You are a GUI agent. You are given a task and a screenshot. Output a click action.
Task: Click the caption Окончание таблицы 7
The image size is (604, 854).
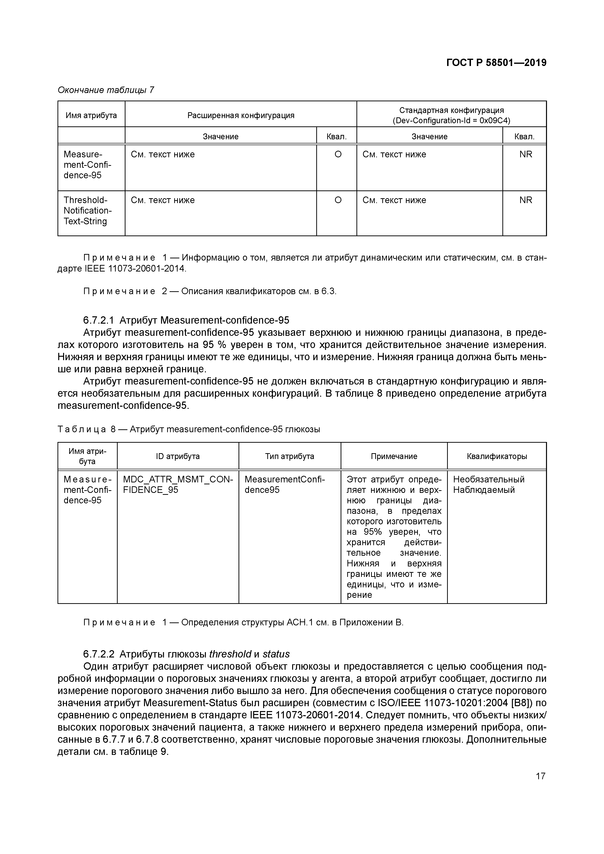point(106,90)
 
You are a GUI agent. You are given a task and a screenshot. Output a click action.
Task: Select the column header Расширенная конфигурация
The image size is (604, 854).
point(240,115)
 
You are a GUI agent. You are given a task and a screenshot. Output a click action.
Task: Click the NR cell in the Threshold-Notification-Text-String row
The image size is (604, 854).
point(526,200)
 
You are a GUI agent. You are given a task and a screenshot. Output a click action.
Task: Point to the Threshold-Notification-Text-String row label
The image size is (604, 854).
point(87,211)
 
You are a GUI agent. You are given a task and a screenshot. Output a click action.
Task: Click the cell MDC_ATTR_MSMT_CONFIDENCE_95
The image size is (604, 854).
point(178,485)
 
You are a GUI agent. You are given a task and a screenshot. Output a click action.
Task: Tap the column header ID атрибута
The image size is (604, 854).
point(178,456)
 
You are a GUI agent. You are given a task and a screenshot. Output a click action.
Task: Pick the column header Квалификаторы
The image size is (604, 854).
point(497,456)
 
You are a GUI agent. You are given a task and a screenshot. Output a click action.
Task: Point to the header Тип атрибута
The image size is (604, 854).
point(289,456)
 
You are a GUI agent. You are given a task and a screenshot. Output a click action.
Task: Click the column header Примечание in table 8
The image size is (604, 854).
point(394,456)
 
